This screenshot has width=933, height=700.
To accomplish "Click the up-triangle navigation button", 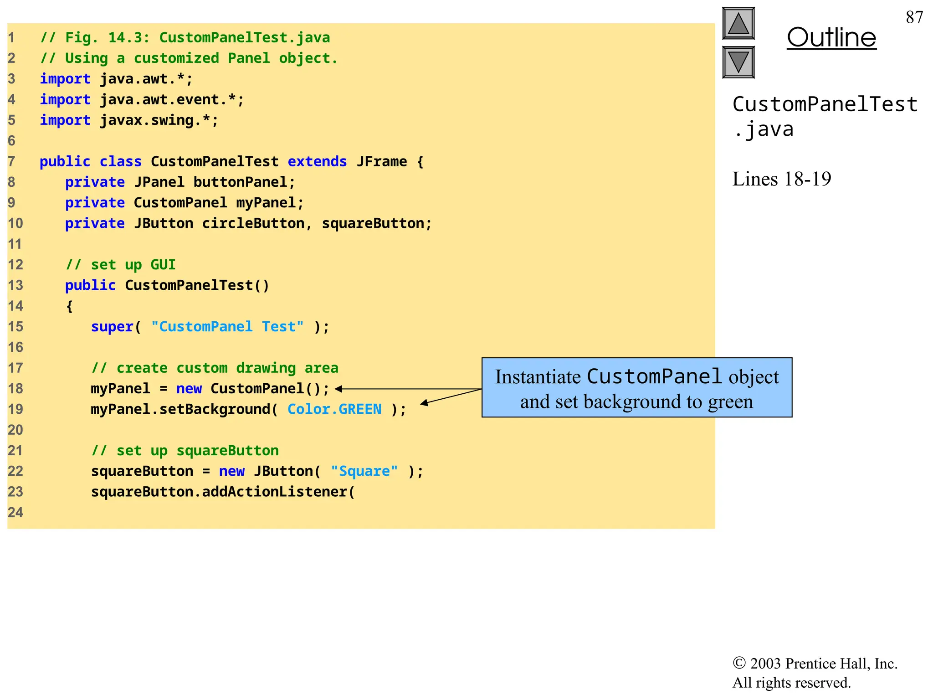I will tap(738, 24).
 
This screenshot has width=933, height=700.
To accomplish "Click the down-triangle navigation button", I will tap(738, 62).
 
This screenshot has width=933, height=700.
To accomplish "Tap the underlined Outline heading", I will tap(831, 37).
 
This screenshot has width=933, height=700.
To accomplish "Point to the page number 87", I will tap(914, 17).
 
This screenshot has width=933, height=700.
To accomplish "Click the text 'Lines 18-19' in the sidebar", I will tap(781, 179).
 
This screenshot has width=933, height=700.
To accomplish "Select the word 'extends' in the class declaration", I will tap(317, 162).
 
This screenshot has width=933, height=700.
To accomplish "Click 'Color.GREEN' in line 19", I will tap(334, 409).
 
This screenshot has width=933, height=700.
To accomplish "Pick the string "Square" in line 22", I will tap(364, 471).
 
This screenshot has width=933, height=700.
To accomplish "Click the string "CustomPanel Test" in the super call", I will tap(227, 327).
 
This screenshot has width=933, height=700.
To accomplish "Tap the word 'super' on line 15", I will tap(112, 327).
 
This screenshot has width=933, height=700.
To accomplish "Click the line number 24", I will tap(15, 513).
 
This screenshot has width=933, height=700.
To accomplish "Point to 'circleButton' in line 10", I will tap(253, 224).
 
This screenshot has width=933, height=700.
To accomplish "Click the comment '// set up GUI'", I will tap(121, 265).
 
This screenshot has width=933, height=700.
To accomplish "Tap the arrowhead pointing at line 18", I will tap(339, 389).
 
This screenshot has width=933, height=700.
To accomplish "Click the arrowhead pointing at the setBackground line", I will tap(424, 403).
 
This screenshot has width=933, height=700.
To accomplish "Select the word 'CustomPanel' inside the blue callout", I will tap(654, 377).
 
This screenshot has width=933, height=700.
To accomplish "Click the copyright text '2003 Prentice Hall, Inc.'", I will tap(824, 664).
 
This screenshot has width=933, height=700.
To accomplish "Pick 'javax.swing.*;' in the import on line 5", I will tap(159, 120).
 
